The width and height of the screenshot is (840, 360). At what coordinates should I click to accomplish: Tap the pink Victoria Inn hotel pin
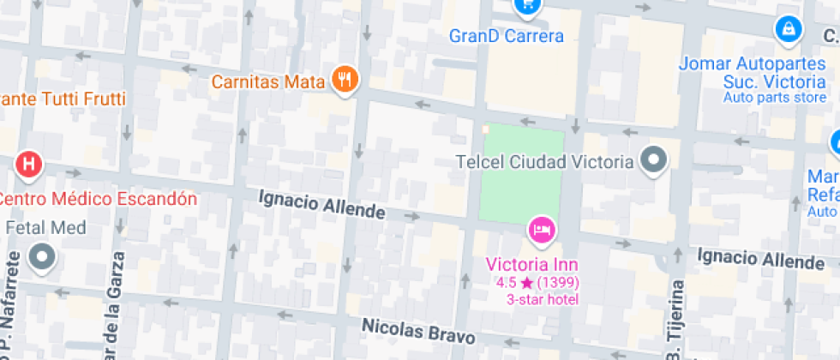(x=542, y=230)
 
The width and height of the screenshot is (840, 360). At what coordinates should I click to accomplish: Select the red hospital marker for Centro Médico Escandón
(x=29, y=164)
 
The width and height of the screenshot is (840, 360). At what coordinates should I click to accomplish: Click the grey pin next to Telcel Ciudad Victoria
(x=655, y=160)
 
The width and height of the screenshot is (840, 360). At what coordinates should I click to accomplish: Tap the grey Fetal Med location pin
(x=41, y=256)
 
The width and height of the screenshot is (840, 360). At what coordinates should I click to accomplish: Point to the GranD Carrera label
(x=507, y=36)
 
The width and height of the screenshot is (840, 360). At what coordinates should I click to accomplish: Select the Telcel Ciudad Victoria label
(x=545, y=161)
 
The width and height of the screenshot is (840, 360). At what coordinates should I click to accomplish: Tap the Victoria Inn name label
(x=531, y=264)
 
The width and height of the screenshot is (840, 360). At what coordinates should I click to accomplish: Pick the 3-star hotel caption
(x=543, y=299)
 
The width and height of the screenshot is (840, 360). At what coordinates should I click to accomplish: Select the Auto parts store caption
(x=774, y=97)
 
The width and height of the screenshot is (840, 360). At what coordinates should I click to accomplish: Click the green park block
(x=521, y=175)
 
